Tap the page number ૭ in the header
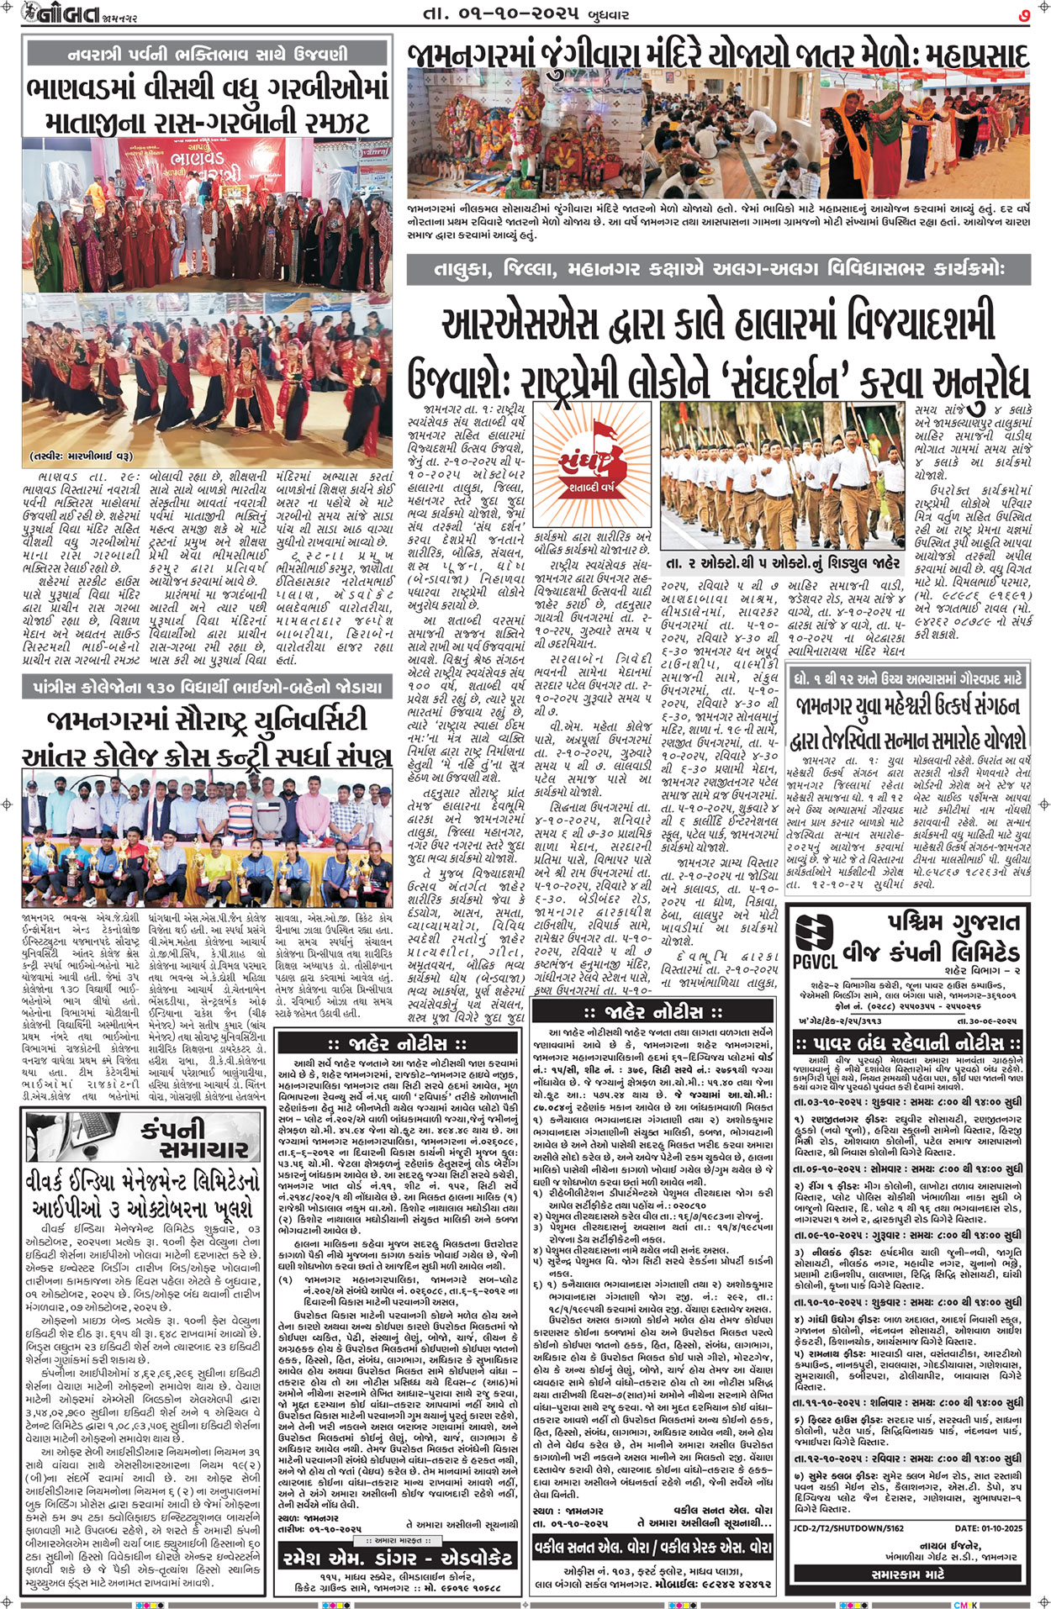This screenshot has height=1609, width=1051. pos(1025,14)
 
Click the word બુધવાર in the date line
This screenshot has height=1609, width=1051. pos(621,13)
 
